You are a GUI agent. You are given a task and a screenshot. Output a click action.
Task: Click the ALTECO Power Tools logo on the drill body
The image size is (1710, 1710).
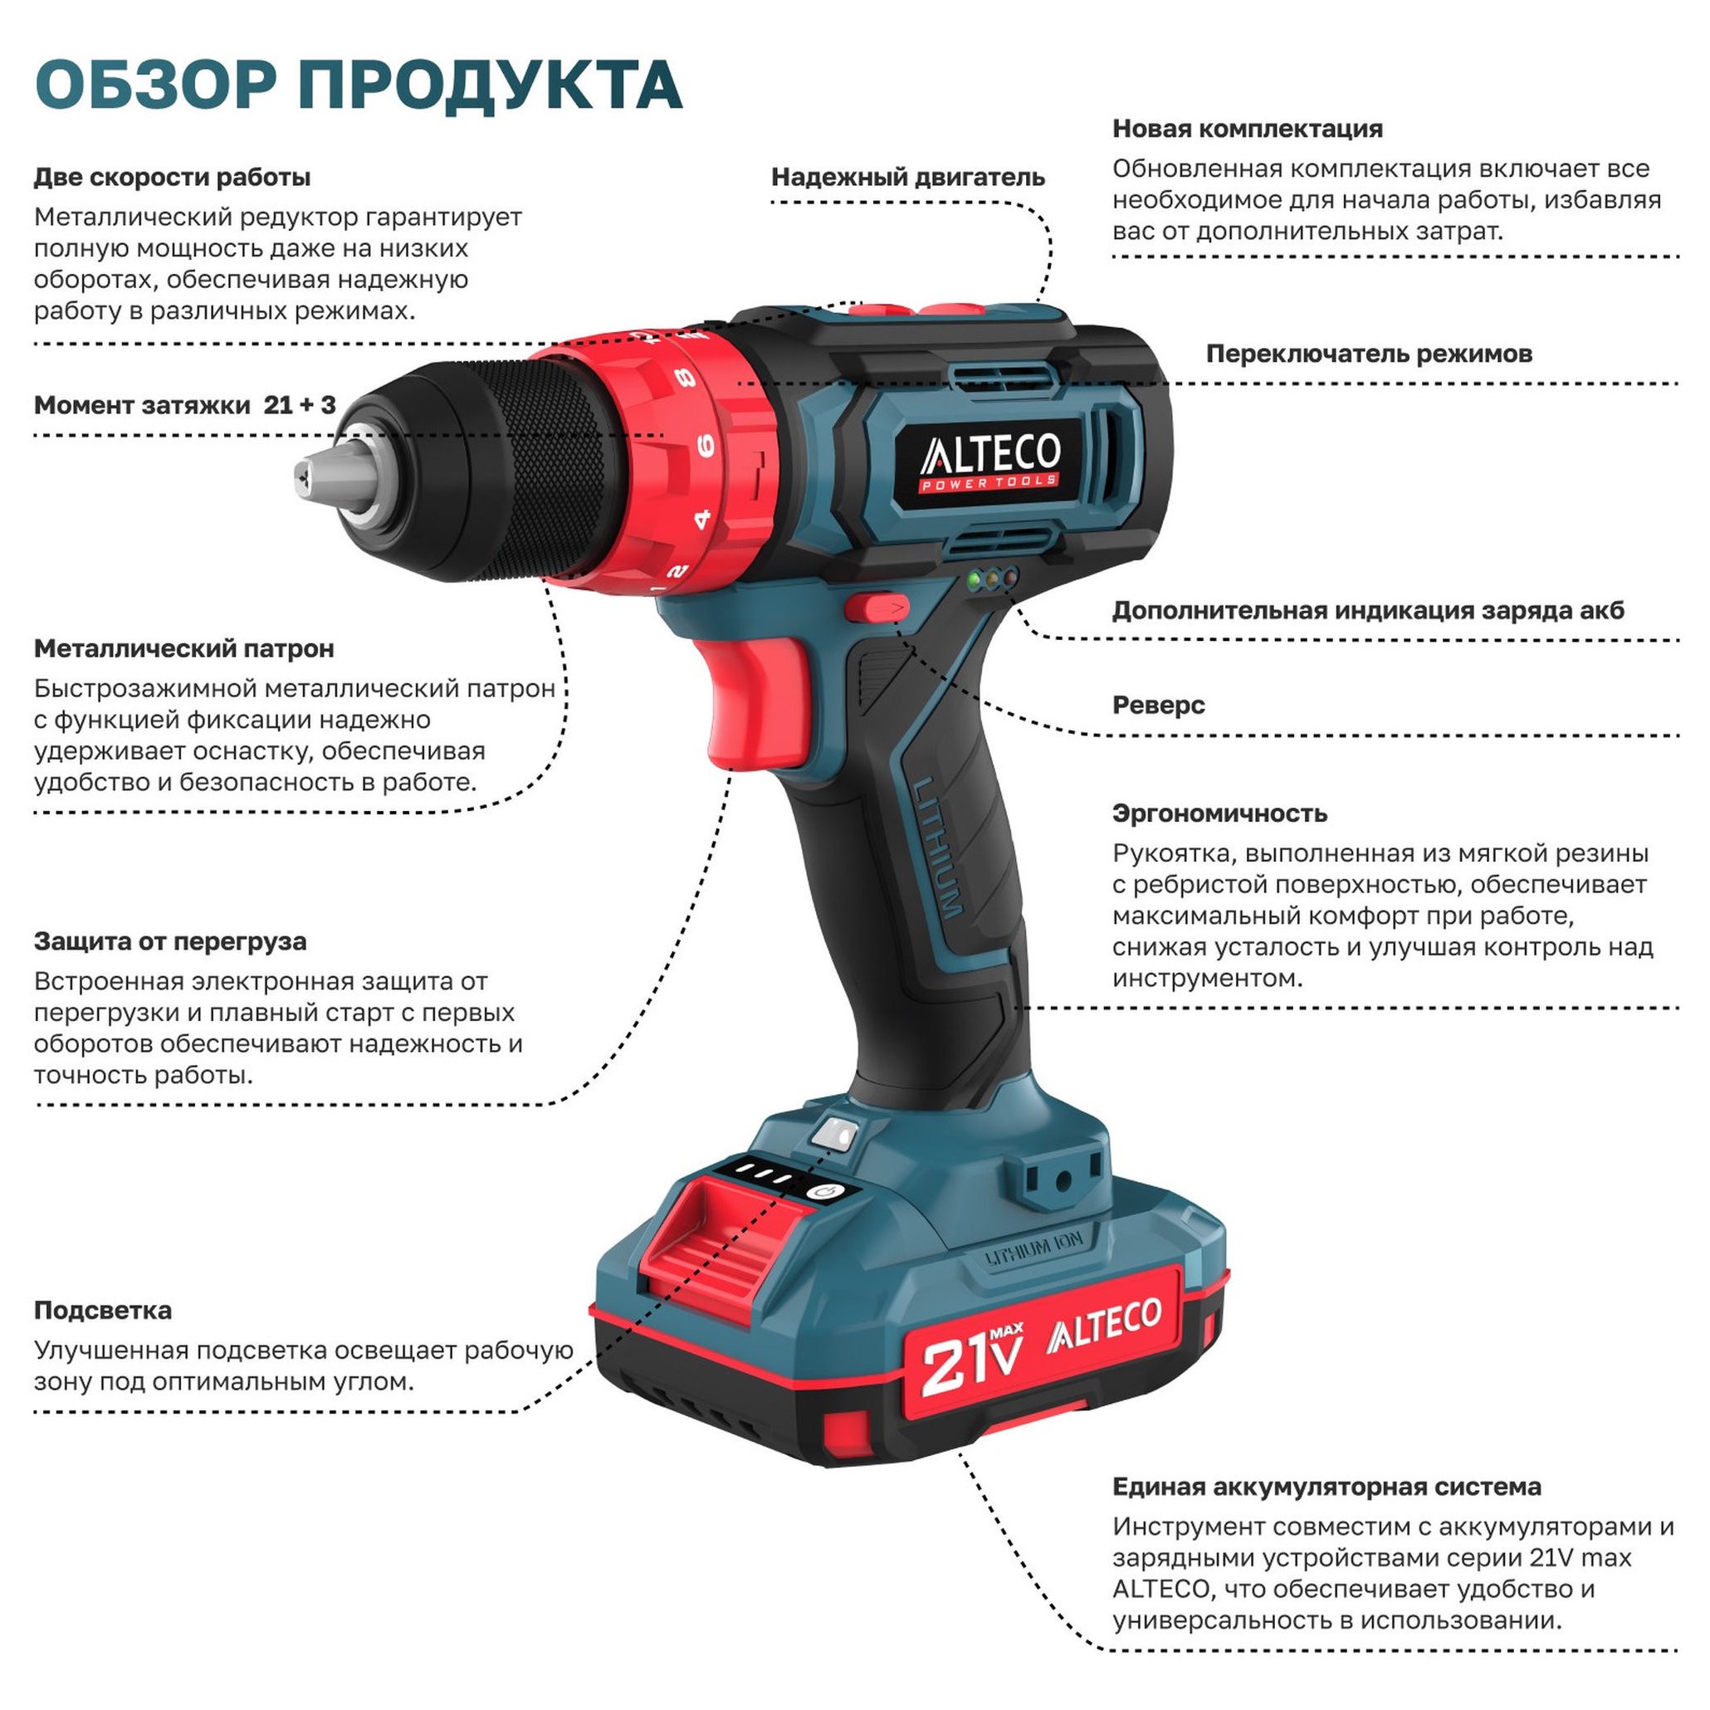[989, 459]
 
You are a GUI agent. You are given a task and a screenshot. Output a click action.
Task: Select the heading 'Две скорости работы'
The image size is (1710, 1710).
[172, 177]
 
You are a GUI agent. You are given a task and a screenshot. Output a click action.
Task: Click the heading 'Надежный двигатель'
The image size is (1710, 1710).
[907, 177]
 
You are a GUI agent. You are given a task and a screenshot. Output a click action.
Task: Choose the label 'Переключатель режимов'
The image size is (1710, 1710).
[1368, 354]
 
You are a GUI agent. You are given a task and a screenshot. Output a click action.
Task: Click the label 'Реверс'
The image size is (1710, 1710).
[1158, 706]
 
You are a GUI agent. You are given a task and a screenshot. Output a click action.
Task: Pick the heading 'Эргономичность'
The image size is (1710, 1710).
[1219, 813]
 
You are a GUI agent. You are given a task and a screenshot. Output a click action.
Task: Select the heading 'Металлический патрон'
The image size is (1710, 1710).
[184, 649]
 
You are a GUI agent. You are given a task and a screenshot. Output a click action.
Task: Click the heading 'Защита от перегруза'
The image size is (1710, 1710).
[170, 940]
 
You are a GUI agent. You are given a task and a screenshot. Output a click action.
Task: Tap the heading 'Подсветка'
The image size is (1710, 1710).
[103, 1310]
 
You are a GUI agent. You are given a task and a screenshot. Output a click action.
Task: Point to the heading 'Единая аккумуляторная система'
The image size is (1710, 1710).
[1326, 1486]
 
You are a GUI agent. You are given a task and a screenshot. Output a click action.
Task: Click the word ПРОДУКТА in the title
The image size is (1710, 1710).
[489, 85]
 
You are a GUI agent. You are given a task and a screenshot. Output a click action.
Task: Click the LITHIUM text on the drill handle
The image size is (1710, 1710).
[938, 847]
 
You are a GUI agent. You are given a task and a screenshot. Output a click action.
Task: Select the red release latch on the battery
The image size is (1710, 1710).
[708, 1243]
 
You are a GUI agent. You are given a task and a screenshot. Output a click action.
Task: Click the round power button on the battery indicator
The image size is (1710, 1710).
[825, 1192]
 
